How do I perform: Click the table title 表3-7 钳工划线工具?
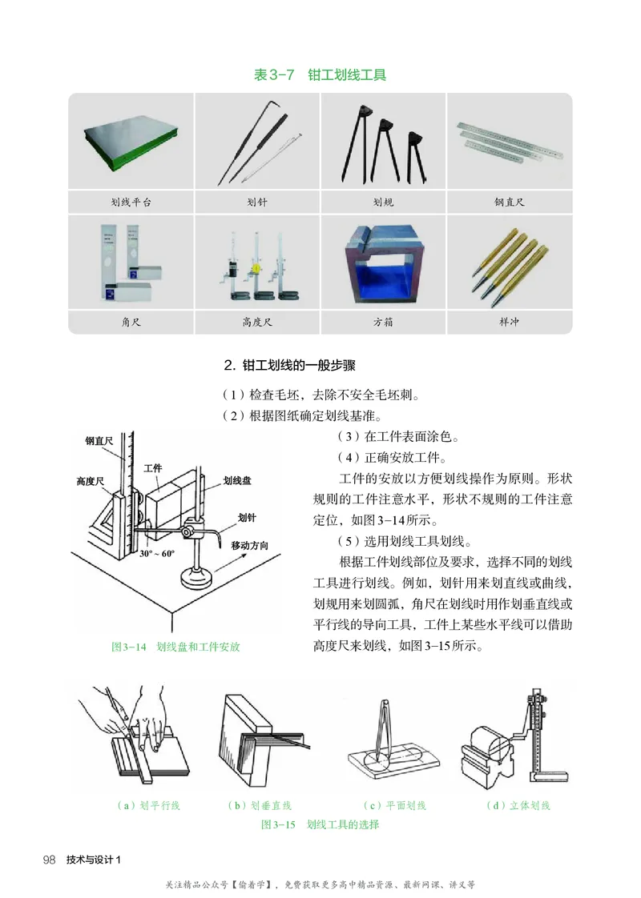point(320,75)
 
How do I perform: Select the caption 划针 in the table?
point(257,202)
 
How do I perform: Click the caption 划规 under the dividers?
point(383,202)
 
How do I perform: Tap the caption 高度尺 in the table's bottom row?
point(257,323)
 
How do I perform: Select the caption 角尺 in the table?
point(131,323)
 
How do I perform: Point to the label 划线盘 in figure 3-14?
point(237,480)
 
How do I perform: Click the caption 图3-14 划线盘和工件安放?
point(175,646)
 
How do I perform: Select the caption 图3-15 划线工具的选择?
point(320,824)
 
